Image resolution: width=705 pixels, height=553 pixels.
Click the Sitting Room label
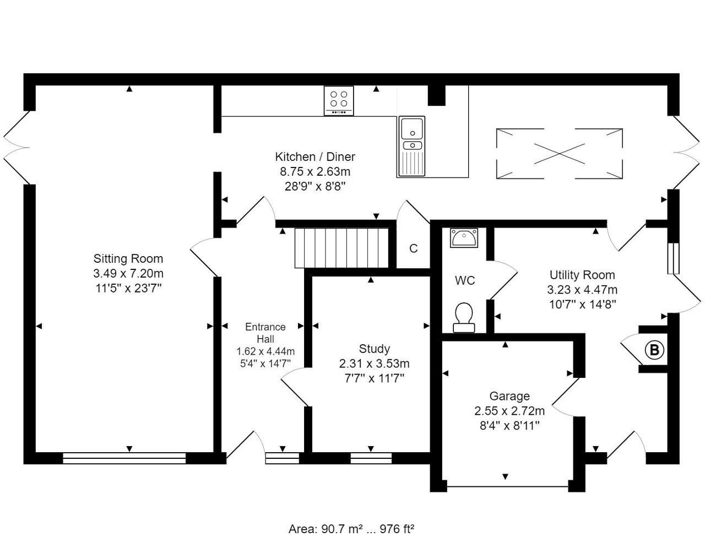click(128, 258)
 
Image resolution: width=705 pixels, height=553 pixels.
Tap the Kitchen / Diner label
click(315, 156)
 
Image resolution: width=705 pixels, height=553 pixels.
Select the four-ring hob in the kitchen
click(339, 101)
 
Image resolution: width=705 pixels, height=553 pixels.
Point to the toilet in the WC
click(464, 317)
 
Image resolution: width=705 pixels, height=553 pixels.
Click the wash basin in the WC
click(464, 238)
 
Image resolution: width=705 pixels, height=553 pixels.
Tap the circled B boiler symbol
click(654, 350)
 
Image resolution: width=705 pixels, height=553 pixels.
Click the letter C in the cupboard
click(413, 248)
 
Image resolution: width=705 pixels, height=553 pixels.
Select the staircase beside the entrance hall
click(341, 248)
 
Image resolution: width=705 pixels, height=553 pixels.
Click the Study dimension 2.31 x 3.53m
click(375, 364)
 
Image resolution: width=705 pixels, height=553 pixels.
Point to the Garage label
click(509, 396)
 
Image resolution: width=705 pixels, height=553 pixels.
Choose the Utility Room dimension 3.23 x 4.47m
click(582, 290)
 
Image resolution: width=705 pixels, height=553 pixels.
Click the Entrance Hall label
click(265, 333)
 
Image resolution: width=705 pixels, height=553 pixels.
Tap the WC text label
click(465, 280)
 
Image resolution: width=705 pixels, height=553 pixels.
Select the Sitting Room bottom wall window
click(124, 458)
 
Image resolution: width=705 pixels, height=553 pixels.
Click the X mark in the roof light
click(560, 154)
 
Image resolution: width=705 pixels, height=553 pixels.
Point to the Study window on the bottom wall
click(371, 458)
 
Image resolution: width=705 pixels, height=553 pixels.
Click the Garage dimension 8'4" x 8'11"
click(509, 425)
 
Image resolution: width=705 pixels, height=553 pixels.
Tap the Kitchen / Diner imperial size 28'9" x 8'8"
click(315, 187)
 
